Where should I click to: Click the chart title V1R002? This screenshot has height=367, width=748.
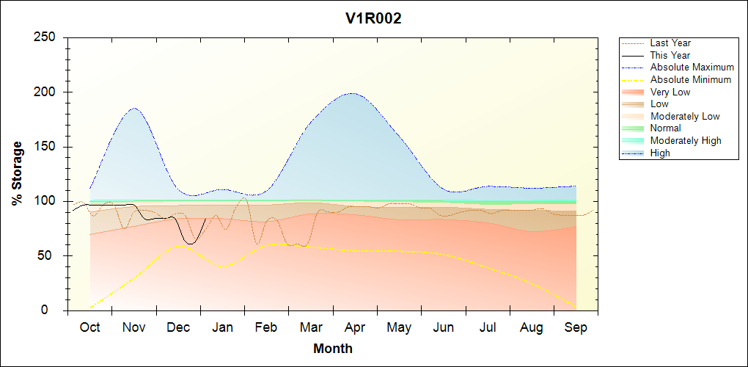[x=373, y=19]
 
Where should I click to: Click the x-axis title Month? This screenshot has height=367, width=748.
[x=333, y=349]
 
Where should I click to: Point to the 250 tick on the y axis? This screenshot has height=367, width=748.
[x=47, y=37]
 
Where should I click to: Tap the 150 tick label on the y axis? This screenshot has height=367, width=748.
[x=47, y=147]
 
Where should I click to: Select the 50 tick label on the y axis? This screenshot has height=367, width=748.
[x=51, y=256]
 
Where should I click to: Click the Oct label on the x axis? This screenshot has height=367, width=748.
[x=89, y=327]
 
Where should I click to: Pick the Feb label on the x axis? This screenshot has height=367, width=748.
[x=266, y=327]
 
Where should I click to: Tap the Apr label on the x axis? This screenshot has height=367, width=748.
[x=355, y=327]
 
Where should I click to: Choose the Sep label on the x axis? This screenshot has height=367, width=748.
[x=576, y=327]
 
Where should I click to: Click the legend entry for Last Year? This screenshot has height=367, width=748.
[x=670, y=43]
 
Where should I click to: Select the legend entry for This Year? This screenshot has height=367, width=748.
[x=670, y=55]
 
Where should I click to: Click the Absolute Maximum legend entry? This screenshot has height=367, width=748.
[x=692, y=68]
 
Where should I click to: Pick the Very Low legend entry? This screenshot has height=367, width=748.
[x=670, y=92]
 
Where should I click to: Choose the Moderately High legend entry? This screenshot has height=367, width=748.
[x=686, y=141]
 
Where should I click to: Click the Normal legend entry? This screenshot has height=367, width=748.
[x=665, y=128]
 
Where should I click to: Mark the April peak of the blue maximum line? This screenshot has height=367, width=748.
[x=353, y=93]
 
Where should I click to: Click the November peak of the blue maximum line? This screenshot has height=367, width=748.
[x=135, y=109]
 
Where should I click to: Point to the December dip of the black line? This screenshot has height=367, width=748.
[x=191, y=243]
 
